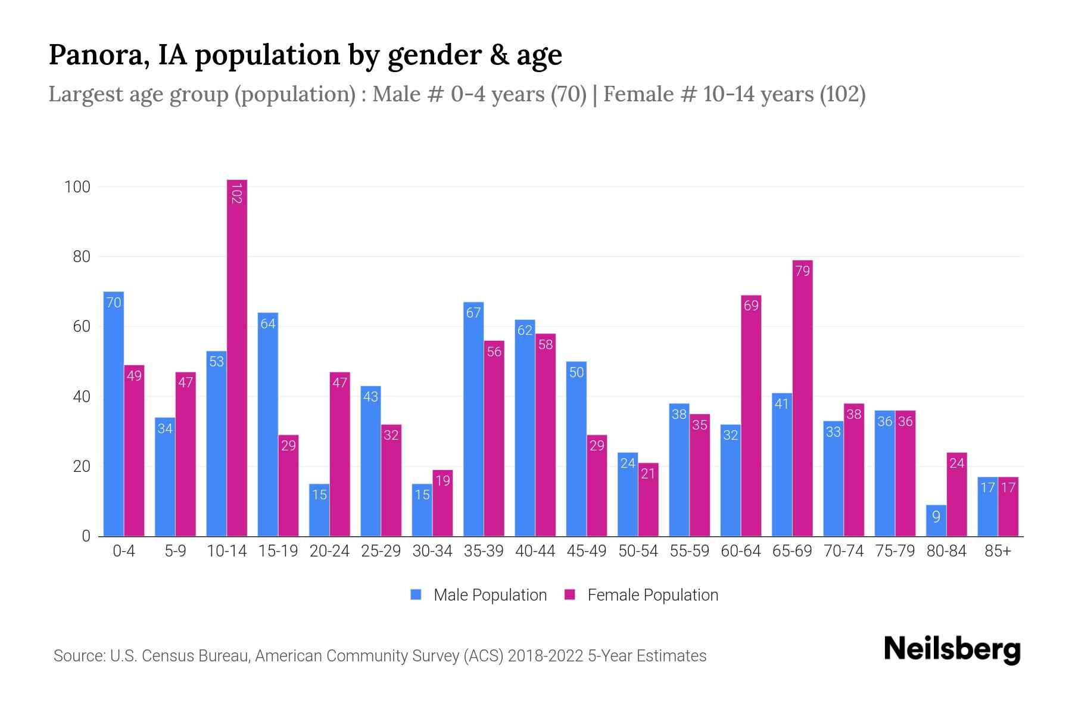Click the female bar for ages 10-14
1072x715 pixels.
(237, 357)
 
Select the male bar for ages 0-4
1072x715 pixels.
(114, 414)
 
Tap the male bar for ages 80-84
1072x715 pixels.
(936, 521)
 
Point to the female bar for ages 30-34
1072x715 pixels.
(442, 503)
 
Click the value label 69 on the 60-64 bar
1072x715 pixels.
(751, 306)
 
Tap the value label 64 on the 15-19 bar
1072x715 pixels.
(268, 324)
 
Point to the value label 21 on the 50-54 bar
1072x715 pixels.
(648, 474)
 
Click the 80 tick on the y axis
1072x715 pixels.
(82, 257)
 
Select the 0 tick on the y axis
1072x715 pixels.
(86, 536)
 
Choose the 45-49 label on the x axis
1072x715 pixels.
(587, 551)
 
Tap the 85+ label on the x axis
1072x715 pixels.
(998, 551)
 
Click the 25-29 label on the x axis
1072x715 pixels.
(381, 551)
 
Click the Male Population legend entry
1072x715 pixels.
(478, 595)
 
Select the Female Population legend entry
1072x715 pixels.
(641, 595)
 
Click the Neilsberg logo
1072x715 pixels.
(952, 649)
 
